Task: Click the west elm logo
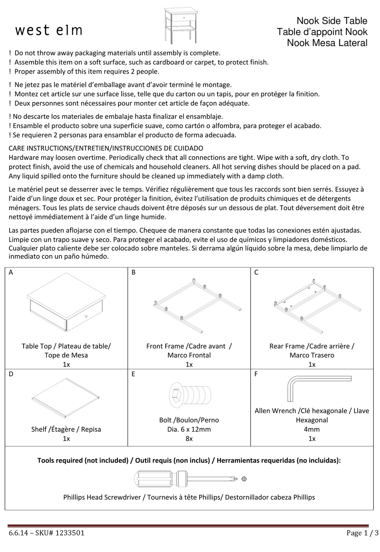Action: pos(49,30)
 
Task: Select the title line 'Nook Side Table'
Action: pos(332,21)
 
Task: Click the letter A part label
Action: pos(11,273)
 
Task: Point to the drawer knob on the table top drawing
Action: pos(86,317)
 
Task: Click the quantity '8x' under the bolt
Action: pos(189,439)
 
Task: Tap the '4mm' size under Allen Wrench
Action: pos(312,430)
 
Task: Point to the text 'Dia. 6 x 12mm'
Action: pos(189,430)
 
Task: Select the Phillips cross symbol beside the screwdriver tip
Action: pos(244,479)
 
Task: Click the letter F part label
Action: pos(256,374)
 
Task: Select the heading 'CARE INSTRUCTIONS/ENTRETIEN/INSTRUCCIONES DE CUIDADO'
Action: pos(106,148)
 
